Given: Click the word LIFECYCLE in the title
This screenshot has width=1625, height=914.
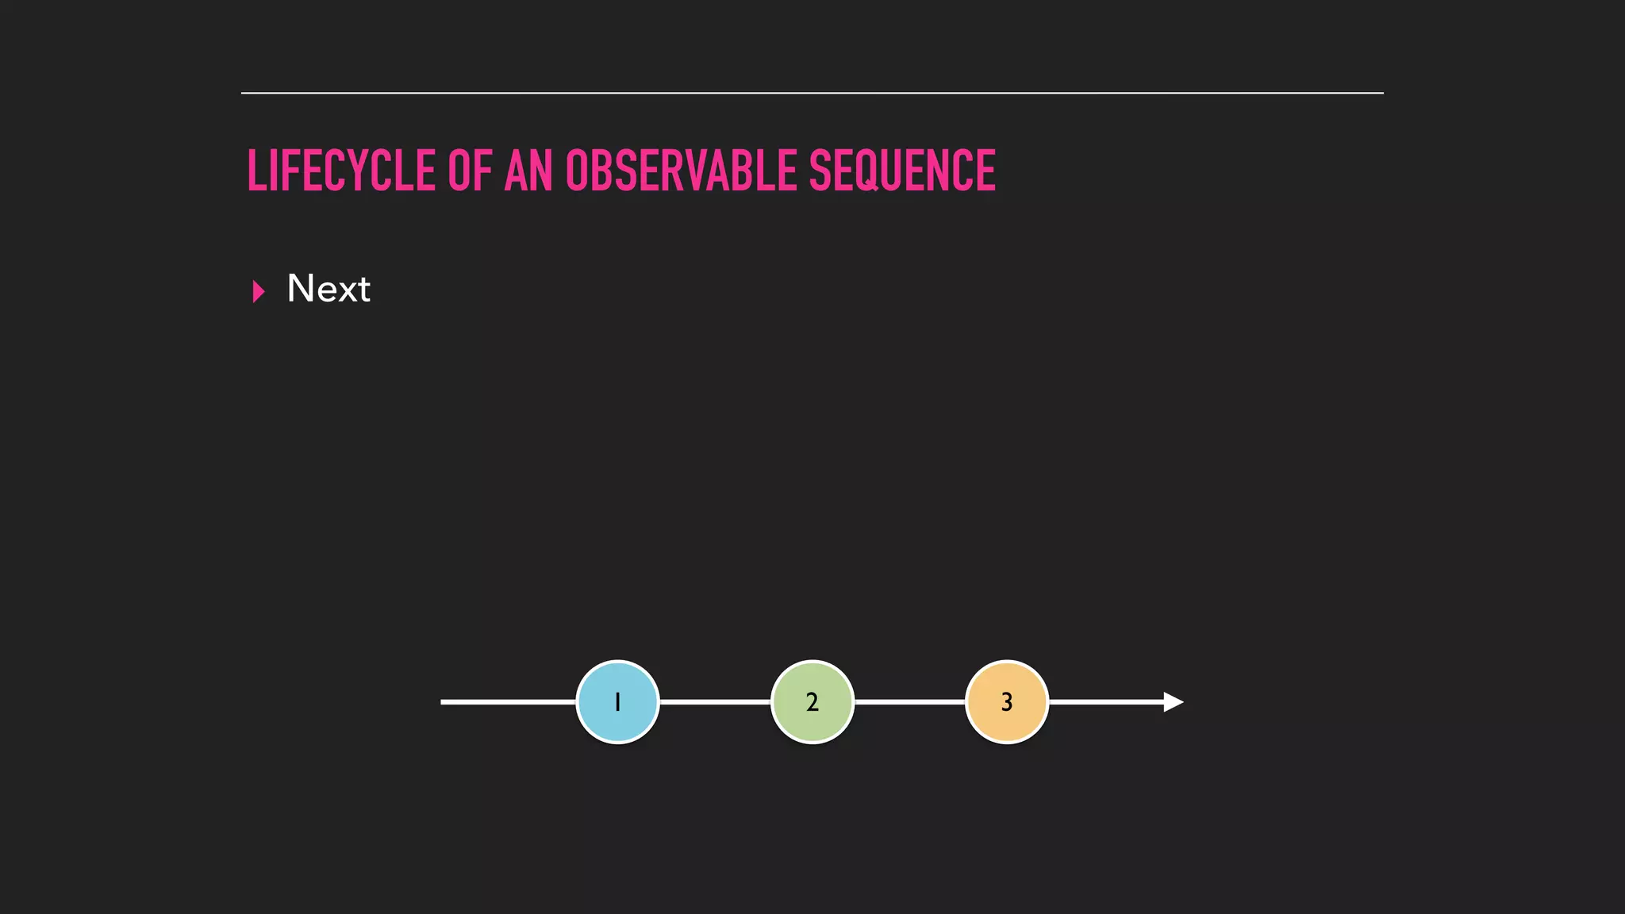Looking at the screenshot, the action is pyautogui.click(x=341, y=171).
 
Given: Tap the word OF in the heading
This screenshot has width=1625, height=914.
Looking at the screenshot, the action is pyautogui.click(x=470, y=171).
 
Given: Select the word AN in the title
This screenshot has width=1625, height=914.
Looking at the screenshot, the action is pyautogui.click(x=528, y=171).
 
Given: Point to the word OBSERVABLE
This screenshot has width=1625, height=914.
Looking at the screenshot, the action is pyautogui.click(x=681, y=171).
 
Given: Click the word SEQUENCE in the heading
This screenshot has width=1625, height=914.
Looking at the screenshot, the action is pyautogui.click(x=902, y=171).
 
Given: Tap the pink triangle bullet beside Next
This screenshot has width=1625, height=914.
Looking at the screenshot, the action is pyautogui.click(x=258, y=291).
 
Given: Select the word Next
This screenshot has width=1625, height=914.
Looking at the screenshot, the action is pyautogui.click(x=328, y=289).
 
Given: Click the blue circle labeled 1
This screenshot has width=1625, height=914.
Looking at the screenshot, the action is pyautogui.click(x=617, y=702).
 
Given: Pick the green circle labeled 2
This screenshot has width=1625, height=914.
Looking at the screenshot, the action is pyautogui.click(x=812, y=702).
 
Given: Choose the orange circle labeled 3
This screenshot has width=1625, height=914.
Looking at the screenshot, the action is pyautogui.click(x=1007, y=702).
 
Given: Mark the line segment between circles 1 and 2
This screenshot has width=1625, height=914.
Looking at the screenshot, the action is pyautogui.click(x=715, y=702).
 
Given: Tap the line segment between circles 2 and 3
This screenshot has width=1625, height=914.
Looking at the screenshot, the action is pyautogui.click(x=909, y=702).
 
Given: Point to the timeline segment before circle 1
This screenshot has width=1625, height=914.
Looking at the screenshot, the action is pyautogui.click(x=508, y=702).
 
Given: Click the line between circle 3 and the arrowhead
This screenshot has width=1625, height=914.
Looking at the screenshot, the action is pyautogui.click(x=1106, y=702).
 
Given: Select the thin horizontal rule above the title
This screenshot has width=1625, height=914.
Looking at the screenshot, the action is pyautogui.click(x=812, y=93).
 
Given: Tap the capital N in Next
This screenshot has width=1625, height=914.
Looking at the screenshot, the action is pyautogui.click(x=302, y=288).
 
